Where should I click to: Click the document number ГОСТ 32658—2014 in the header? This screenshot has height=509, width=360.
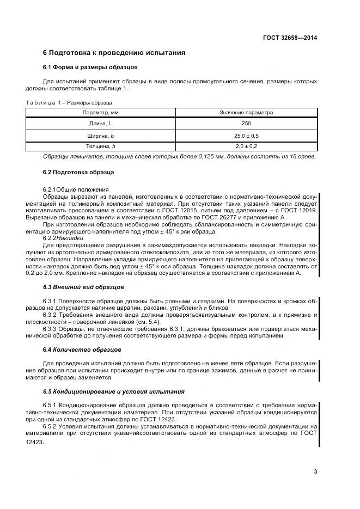coord(290,38)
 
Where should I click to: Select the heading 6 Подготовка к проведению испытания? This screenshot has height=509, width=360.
coord(114,53)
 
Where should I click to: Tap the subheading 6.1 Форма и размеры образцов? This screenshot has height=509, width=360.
coord(90,68)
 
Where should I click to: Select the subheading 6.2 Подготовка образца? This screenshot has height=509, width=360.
coord(78,172)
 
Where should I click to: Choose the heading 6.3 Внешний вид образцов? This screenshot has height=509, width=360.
coord(83,286)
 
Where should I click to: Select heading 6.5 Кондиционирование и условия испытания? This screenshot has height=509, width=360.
coord(114,391)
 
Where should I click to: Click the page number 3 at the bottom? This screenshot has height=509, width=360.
coord(315,471)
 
